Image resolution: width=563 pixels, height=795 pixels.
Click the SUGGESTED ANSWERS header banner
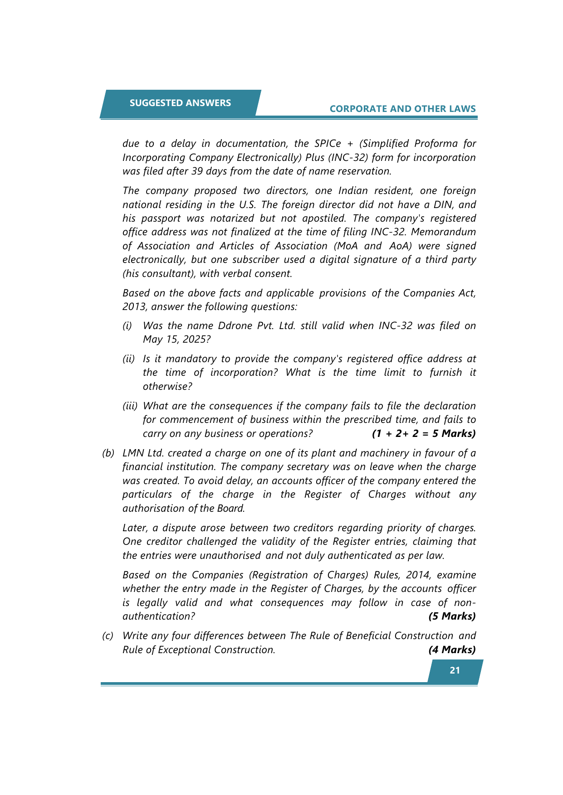[180, 103]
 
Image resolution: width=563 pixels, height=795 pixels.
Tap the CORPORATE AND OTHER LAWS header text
[402, 109]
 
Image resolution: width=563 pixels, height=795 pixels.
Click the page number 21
[455, 670]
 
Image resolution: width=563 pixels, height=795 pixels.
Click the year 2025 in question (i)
[194, 339]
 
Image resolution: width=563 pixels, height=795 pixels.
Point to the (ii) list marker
[129, 359]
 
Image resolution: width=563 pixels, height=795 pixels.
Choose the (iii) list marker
[130, 406]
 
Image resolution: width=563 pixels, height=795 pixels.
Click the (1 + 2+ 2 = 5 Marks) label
[423, 434]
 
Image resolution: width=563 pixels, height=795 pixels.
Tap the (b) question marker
[108, 453]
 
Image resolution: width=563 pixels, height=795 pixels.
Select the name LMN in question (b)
[133, 453]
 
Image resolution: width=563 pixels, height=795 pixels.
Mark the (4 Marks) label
[452, 650]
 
